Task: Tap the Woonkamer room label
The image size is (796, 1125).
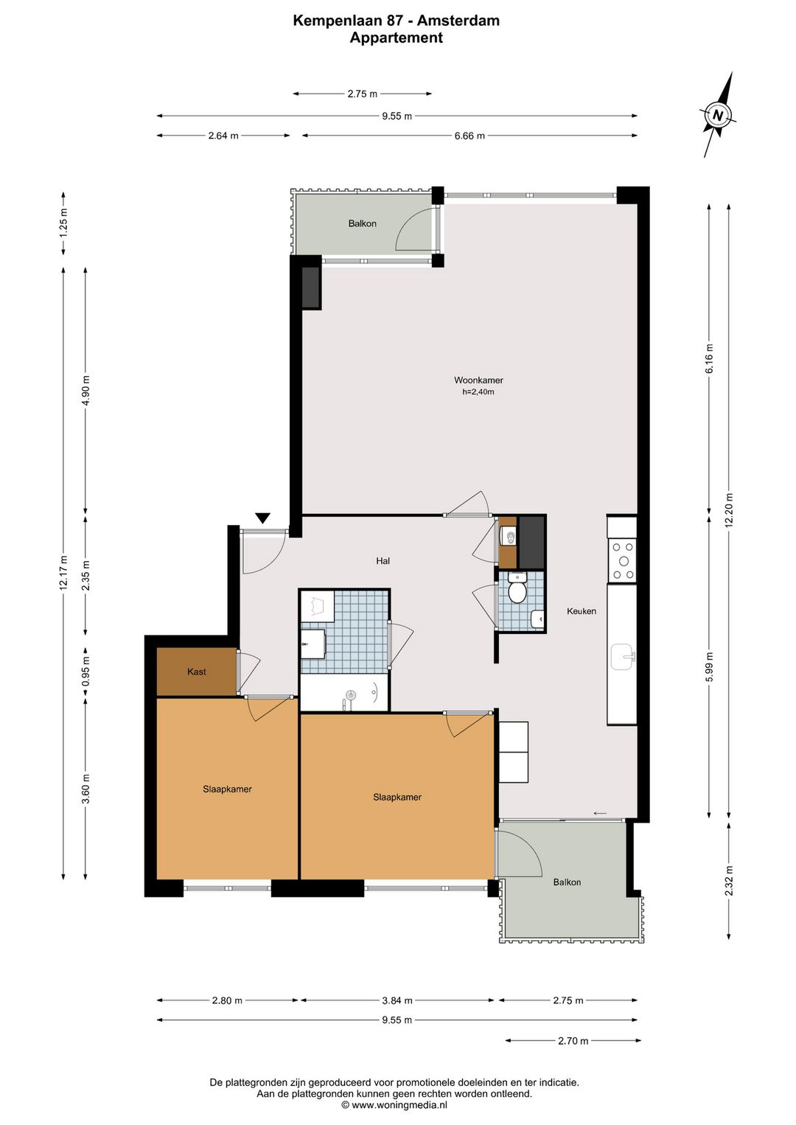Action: coord(478,380)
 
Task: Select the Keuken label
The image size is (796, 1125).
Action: coord(582,611)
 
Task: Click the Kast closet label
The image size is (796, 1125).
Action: coord(196,672)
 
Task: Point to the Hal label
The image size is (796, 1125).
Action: coord(383,561)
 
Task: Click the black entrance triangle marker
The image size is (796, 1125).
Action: coord(262,518)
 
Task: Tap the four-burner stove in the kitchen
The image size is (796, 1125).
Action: coord(622,561)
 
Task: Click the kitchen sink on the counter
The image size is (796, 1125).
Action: coord(624,657)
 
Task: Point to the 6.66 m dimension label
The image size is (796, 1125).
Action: coord(469,136)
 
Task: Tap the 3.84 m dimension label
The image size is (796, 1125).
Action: coord(397,1000)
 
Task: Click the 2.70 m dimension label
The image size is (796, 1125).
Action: coord(573,1041)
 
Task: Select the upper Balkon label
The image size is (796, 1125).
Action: coord(362,223)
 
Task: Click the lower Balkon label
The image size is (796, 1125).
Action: coord(567,882)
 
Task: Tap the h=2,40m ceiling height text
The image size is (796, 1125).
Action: coord(478,391)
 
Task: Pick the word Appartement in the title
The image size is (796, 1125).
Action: coord(397,38)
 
